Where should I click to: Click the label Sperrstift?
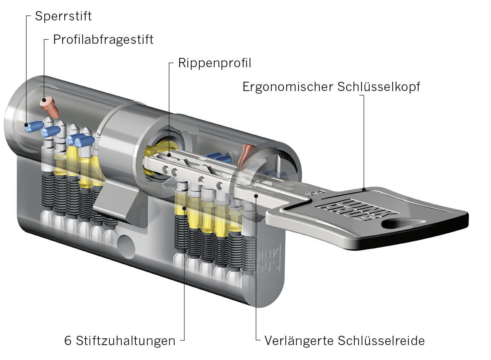[x=63, y=17]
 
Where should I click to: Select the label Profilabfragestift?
[x=103, y=40]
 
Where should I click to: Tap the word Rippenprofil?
[x=215, y=63]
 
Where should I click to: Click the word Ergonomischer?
[x=287, y=87]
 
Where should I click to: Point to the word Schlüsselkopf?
[x=379, y=87]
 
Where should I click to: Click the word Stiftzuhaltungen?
[x=126, y=340]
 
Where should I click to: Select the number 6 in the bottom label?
[x=68, y=340]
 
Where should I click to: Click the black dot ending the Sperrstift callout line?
[x=27, y=125]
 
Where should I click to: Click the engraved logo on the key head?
[x=349, y=206]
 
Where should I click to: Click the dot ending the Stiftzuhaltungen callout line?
[x=184, y=208]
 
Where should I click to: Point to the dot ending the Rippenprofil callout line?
[x=169, y=156]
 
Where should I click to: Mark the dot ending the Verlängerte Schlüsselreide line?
[x=256, y=195]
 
